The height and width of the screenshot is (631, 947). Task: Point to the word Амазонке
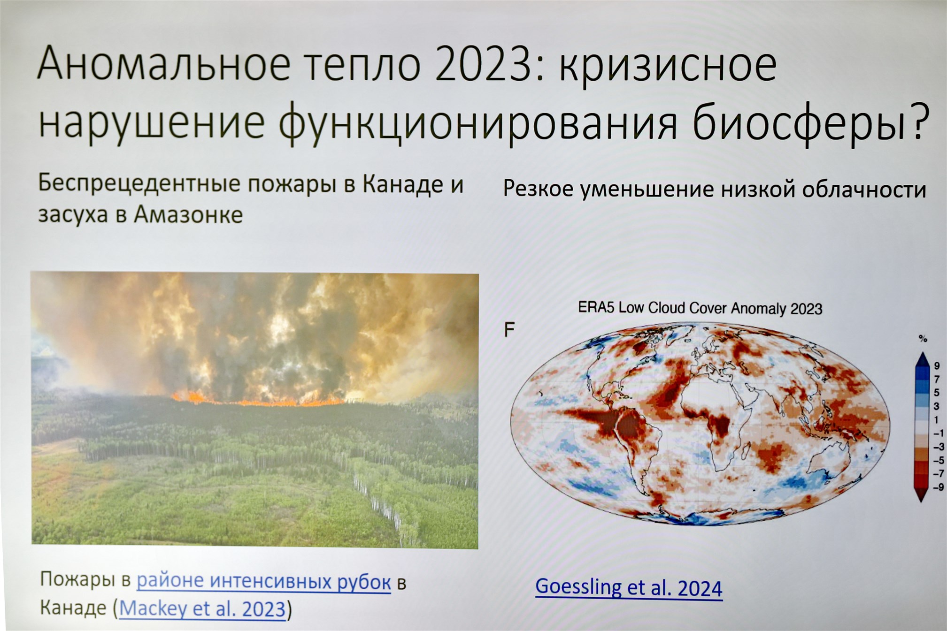click(x=188, y=215)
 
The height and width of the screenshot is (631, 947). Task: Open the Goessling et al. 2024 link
click(x=629, y=587)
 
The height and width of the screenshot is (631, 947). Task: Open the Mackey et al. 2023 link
click(x=202, y=608)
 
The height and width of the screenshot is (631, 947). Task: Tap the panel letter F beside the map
click(x=509, y=330)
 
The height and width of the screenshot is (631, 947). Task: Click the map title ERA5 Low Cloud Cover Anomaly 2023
click(x=700, y=308)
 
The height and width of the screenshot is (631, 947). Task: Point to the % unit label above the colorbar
click(x=923, y=339)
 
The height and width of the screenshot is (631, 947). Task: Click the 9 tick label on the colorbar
click(x=937, y=366)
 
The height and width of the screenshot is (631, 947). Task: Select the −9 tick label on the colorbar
click(x=938, y=487)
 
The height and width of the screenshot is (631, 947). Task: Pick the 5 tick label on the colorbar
click(x=937, y=393)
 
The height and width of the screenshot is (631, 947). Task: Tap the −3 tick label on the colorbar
click(x=938, y=447)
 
